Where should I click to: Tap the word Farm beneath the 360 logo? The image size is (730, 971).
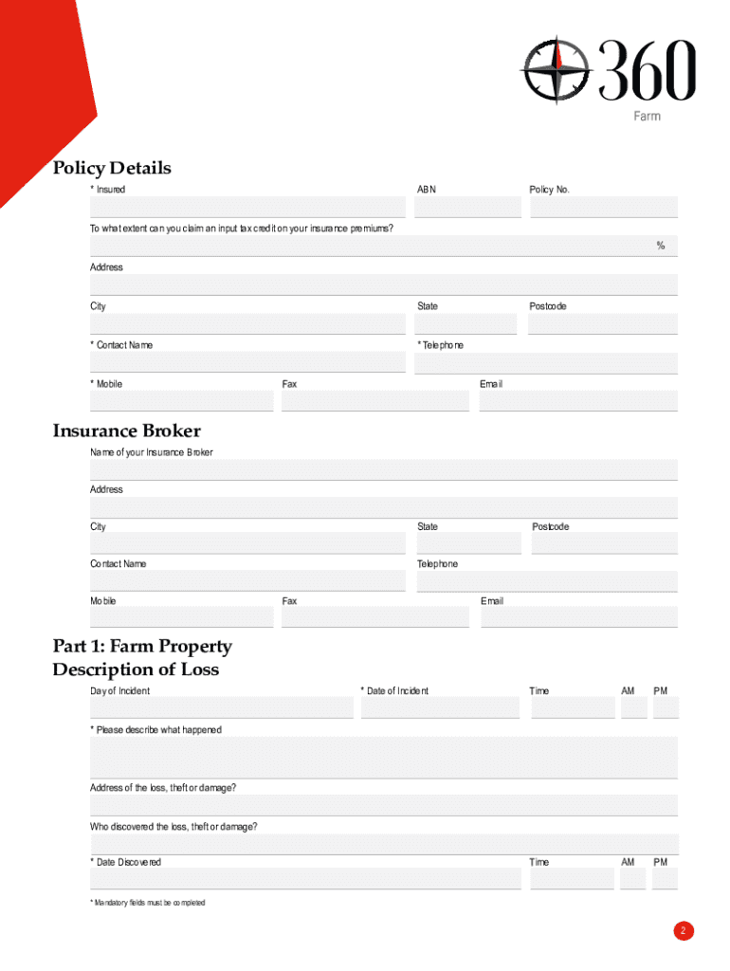(x=647, y=116)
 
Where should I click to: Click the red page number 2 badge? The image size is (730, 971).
(x=684, y=931)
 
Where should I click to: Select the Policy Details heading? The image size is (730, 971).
(x=112, y=168)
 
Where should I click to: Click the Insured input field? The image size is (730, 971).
(x=247, y=207)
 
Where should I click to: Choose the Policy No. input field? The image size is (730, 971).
(x=604, y=207)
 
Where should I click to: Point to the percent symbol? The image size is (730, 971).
(x=661, y=247)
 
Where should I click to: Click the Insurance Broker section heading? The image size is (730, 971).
(x=126, y=431)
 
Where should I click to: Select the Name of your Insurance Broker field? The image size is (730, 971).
(x=384, y=469)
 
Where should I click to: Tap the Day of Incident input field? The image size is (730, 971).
(x=222, y=707)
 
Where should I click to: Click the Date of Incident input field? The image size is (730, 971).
(x=440, y=707)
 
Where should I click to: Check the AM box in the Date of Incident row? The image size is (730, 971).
(x=633, y=707)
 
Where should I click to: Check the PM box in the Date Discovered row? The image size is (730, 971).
(x=666, y=879)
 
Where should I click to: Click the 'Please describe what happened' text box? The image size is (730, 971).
(x=384, y=758)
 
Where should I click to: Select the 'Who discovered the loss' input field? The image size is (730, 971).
(x=384, y=844)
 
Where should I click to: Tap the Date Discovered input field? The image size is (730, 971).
(x=305, y=879)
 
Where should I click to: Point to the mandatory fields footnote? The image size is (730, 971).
(x=148, y=903)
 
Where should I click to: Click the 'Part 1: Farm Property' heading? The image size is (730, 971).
(x=142, y=647)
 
